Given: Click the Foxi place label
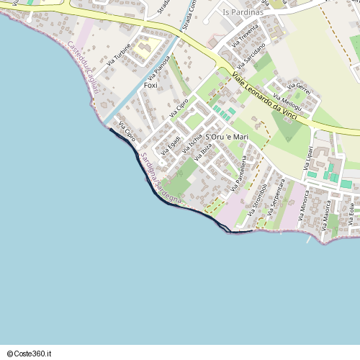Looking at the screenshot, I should pyautogui.click(x=150, y=86).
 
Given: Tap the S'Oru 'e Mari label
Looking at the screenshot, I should pyautogui.click(x=227, y=137).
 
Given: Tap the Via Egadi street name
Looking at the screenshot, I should pyautogui.click(x=170, y=144).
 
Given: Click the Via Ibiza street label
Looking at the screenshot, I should pyautogui.click(x=202, y=152).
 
